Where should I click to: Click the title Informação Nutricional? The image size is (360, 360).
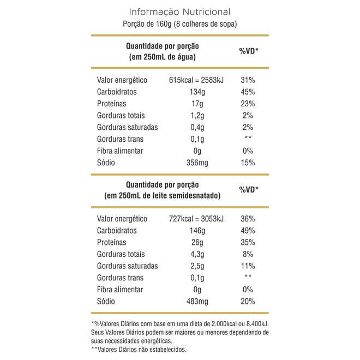point(179,11)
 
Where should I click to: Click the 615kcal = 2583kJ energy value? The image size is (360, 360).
point(196,80)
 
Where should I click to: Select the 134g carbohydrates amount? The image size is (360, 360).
point(196,92)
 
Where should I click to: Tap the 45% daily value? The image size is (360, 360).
point(248,92)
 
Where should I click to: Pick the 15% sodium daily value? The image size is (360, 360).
point(248,163)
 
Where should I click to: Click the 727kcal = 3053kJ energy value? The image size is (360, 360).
point(196,219)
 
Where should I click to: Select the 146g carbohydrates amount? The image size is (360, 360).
point(196,231)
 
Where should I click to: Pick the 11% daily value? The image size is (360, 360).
point(248,266)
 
